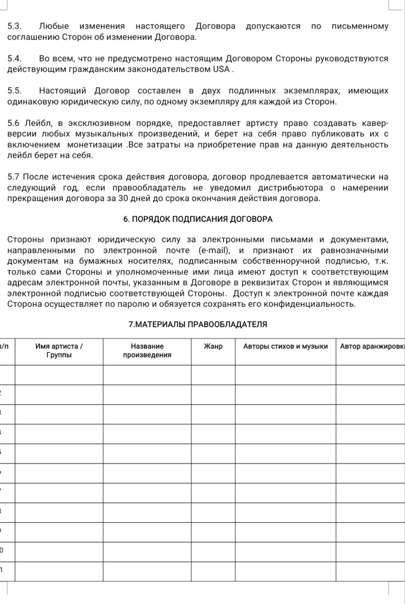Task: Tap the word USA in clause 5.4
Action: (222, 69)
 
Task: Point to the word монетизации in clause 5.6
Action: (95, 144)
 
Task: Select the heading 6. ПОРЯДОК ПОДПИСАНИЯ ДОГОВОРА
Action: (198, 219)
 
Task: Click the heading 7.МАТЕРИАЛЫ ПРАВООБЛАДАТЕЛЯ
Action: (198, 324)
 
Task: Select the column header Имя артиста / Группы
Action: (59, 350)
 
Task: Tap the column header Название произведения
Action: (147, 350)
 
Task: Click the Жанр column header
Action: (213, 346)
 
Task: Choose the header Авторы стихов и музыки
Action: (285, 346)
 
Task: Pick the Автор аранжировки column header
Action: (370, 346)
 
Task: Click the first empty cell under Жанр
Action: (213, 374)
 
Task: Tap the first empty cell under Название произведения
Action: (147, 374)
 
